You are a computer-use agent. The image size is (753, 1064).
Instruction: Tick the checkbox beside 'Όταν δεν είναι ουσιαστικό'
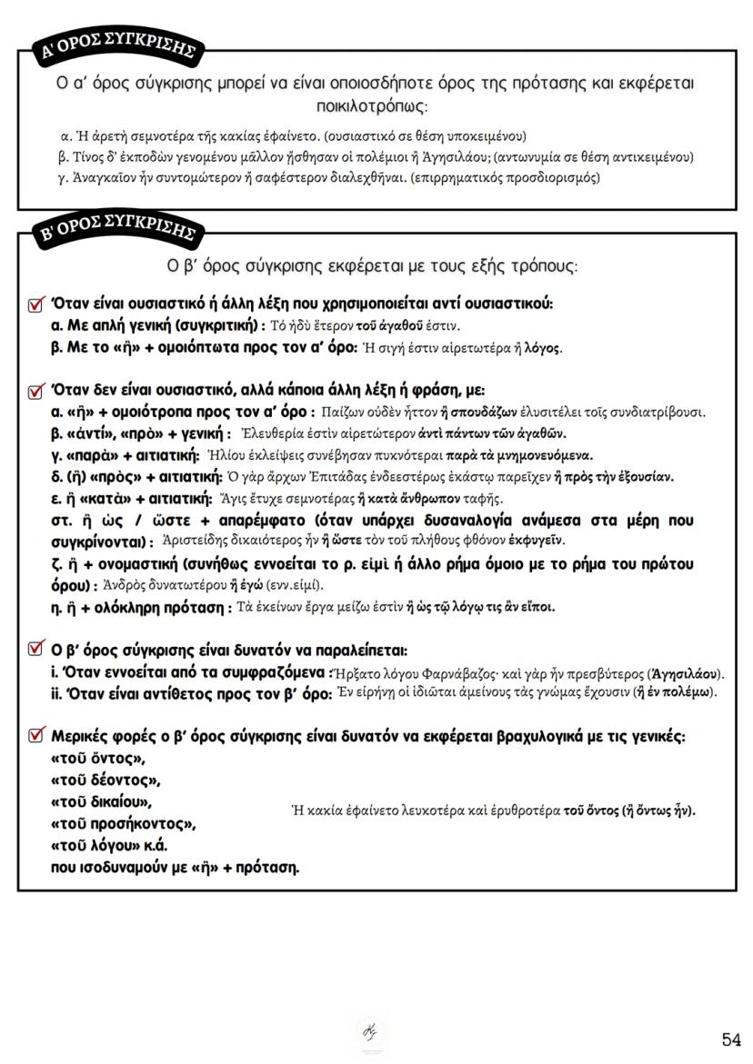tap(37, 392)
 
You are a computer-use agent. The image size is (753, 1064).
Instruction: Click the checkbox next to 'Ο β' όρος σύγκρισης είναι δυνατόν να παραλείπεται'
tap(37, 650)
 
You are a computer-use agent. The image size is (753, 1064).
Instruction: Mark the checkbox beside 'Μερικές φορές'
tap(37, 735)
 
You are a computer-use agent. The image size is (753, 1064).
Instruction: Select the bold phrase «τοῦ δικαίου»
tap(102, 801)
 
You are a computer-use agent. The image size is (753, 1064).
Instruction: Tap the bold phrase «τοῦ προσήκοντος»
tap(124, 824)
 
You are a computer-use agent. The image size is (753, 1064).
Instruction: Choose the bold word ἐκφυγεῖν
tap(538, 541)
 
